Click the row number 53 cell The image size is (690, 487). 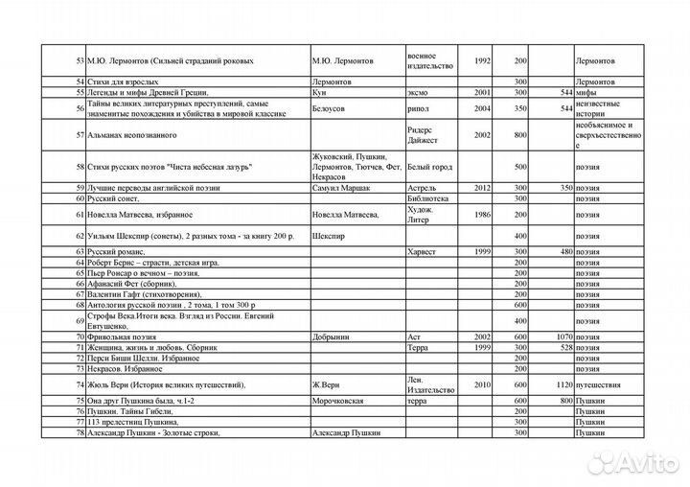[x=79, y=60]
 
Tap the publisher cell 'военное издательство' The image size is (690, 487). [x=428, y=59]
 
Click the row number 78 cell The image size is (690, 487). [x=79, y=433]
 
